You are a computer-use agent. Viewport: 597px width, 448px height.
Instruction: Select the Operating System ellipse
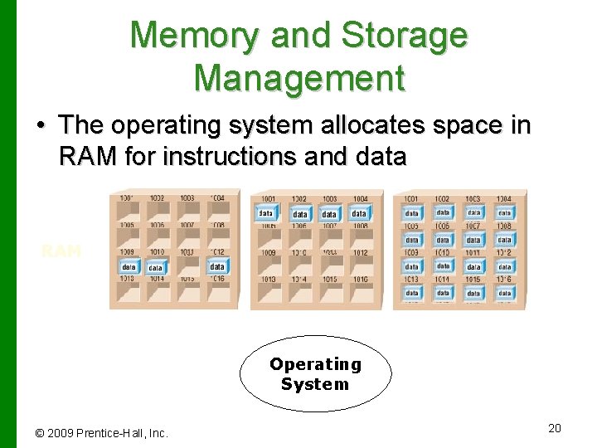click(315, 374)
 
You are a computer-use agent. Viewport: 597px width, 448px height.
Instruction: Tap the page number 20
click(555, 427)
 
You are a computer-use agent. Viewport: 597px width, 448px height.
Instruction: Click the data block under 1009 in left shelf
click(129, 267)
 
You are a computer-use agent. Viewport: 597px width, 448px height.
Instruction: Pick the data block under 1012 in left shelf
click(216, 266)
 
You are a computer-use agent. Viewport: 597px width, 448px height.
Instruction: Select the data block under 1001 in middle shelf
click(266, 213)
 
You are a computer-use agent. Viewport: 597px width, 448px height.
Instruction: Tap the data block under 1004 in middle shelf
click(358, 214)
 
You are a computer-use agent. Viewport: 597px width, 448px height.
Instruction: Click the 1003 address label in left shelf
click(187, 198)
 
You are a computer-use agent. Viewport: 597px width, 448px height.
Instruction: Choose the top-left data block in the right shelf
click(412, 213)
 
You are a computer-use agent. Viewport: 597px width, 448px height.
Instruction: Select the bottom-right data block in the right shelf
click(503, 293)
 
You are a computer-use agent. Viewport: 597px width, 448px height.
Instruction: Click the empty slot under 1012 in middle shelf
click(359, 265)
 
